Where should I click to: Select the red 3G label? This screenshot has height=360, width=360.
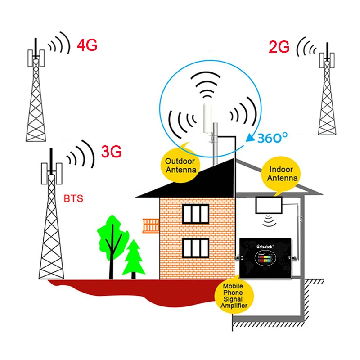(111, 152)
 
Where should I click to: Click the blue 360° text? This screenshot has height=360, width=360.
(273, 138)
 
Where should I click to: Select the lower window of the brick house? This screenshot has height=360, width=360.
(196, 248)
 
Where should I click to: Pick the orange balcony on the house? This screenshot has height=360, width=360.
(151, 225)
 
